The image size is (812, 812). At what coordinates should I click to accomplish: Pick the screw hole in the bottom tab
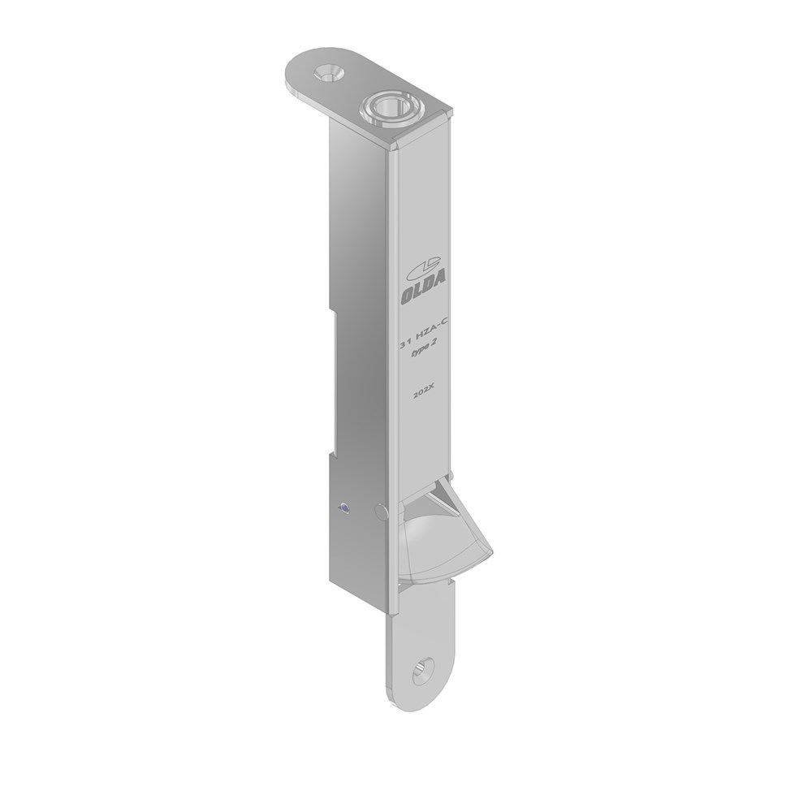pos(422,671)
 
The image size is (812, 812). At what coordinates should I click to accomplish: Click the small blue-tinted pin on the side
pos(342,509)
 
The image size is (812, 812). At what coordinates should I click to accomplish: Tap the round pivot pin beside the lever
pos(380,511)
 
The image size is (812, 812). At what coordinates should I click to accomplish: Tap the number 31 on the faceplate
pos(404,343)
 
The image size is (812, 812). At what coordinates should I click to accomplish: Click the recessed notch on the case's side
pos(332,382)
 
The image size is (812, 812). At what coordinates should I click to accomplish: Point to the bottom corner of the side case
pos(332,581)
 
